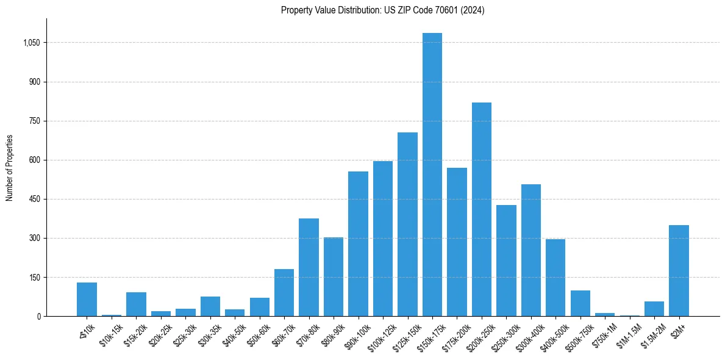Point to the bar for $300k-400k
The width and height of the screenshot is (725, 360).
click(x=530, y=250)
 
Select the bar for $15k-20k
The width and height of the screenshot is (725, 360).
click(x=136, y=304)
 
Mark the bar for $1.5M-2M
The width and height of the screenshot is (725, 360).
click(x=654, y=309)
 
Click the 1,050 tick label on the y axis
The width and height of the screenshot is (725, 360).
click(x=31, y=43)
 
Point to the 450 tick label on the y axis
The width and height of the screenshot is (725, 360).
click(x=34, y=199)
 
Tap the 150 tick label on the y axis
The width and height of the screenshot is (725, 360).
click(x=34, y=277)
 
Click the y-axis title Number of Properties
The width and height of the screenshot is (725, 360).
click(x=9, y=167)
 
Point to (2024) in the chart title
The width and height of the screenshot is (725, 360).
click(x=473, y=10)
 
